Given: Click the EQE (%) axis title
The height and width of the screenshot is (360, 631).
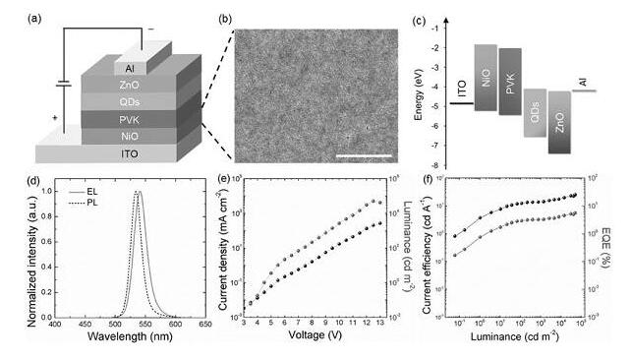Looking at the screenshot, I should (622, 244).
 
